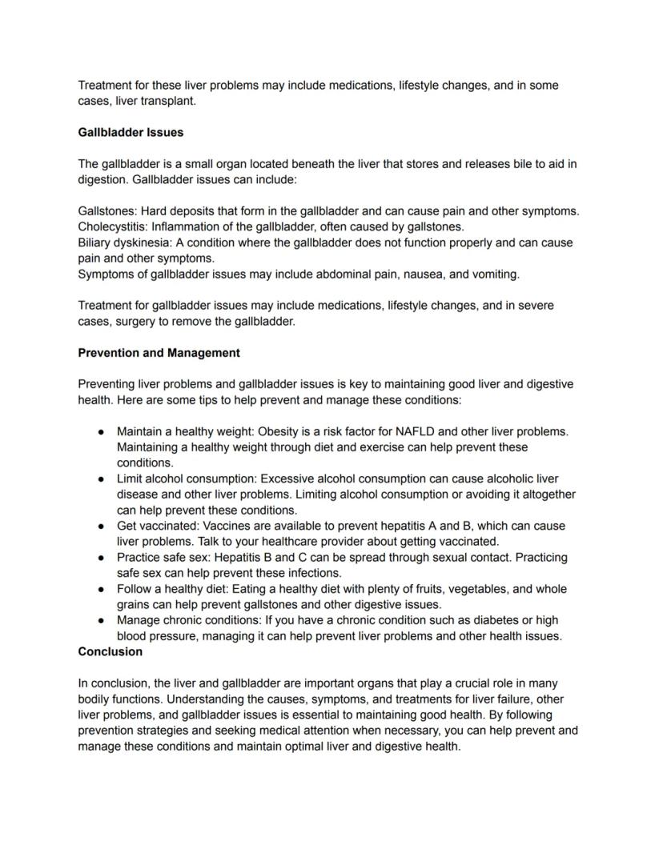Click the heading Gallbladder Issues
(x=131, y=132)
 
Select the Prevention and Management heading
(x=159, y=353)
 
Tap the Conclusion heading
(x=110, y=652)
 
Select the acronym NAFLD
(x=414, y=431)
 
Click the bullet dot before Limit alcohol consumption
(x=102, y=479)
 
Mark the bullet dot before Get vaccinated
(x=102, y=526)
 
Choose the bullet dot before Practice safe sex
(x=102, y=558)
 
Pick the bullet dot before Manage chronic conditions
(x=102, y=620)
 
